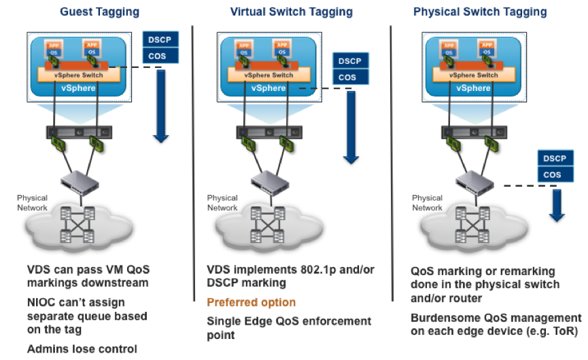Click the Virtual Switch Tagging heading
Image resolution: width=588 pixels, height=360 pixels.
pos(292,12)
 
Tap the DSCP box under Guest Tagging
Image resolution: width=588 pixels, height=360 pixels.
pos(160,40)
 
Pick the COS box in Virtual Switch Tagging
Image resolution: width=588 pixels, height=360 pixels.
pos(348,77)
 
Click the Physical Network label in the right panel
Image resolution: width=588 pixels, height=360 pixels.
pos(428,202)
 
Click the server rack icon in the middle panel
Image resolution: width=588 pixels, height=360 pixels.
pos(268,131)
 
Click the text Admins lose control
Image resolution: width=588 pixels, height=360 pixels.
pos(82,349)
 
